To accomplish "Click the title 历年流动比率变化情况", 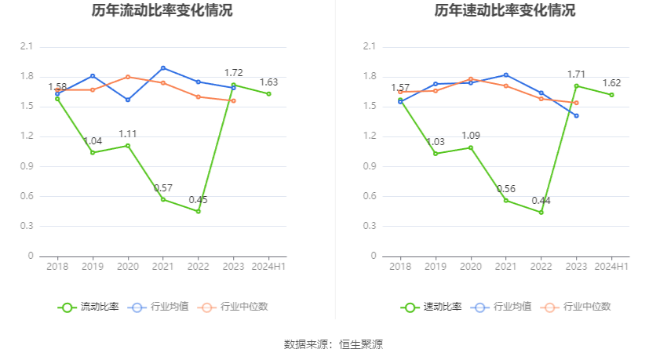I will click(162, 11).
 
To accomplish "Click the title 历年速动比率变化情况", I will click(505, 11).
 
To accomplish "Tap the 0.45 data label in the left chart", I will click(198, 199).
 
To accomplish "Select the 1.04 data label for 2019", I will click(93, 141).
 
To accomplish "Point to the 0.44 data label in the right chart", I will click(541, 200).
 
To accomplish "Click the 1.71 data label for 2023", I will click(577, 75).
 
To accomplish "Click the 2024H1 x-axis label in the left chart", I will click(269, 267).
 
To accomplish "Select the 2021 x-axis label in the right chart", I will click(506, 267).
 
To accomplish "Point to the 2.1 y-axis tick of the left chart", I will click(27, 47).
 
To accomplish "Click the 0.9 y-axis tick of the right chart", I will click(370, 166).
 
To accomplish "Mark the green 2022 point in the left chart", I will click(198, 211).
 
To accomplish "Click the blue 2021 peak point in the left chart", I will click(163, 67).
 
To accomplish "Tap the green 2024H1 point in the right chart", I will click(612, 95).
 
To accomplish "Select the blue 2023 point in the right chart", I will click(576, 115).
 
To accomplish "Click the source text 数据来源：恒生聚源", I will click(333, 344).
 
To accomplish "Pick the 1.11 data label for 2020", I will click(128, 134).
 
